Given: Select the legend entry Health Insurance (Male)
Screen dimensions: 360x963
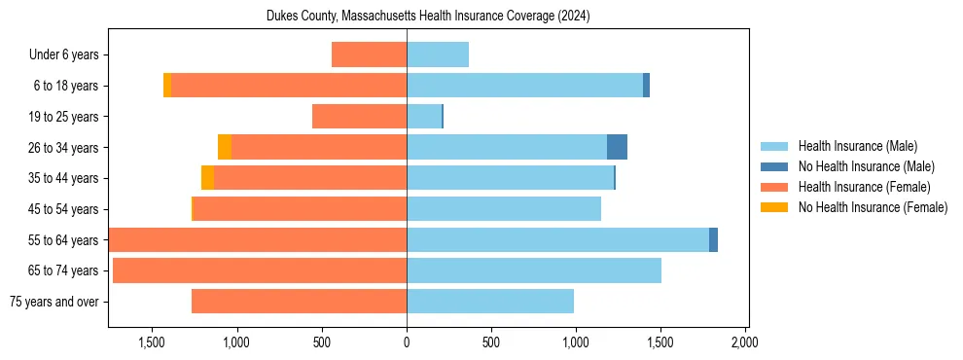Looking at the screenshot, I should click(x=857, y=146).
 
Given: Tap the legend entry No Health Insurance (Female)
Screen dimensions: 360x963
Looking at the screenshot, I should click(x=873, y=207).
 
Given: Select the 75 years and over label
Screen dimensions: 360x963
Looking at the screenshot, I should click(x=53, y=302).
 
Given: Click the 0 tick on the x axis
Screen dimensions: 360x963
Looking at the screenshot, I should click(x=407, y=342).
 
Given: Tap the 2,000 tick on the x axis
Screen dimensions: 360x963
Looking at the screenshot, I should click(x=745, y=342).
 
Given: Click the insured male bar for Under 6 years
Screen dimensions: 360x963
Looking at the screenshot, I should click(x=438, y=54).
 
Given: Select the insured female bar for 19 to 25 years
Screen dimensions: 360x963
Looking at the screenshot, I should click(x=359, y=117).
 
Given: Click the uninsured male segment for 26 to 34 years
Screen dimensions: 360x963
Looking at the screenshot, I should click(x=617, y=147).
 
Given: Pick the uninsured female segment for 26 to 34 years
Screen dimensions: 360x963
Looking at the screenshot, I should click(x=225, y=147).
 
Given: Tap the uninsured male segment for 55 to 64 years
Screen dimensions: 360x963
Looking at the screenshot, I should click(x=713, y=239).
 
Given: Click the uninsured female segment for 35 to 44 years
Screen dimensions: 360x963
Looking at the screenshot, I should click(x=207, y=178).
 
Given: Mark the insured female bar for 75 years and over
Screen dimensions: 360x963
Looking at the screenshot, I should click(x=299, y=302).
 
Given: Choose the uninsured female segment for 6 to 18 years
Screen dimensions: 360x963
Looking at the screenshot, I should click(x=167, y=86).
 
